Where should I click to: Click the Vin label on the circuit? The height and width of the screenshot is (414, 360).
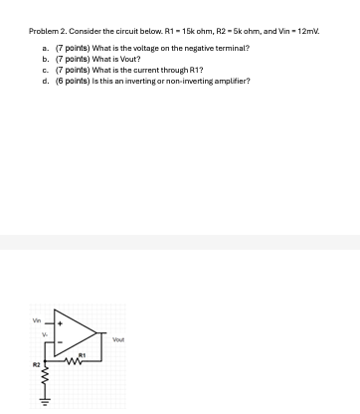(x=38, y=320)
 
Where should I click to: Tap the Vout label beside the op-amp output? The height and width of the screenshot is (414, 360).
(x=118, y=339)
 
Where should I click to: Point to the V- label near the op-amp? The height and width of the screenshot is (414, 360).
(x=44, y=335)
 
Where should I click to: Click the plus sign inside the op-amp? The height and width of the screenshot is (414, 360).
(x=60, y=324)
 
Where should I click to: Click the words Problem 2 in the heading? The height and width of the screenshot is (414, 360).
(x=48, y=32)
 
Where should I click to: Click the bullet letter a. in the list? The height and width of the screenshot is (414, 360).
(x=46, y=48)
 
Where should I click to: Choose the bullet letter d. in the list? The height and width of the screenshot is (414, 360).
(x=46, y=81)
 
